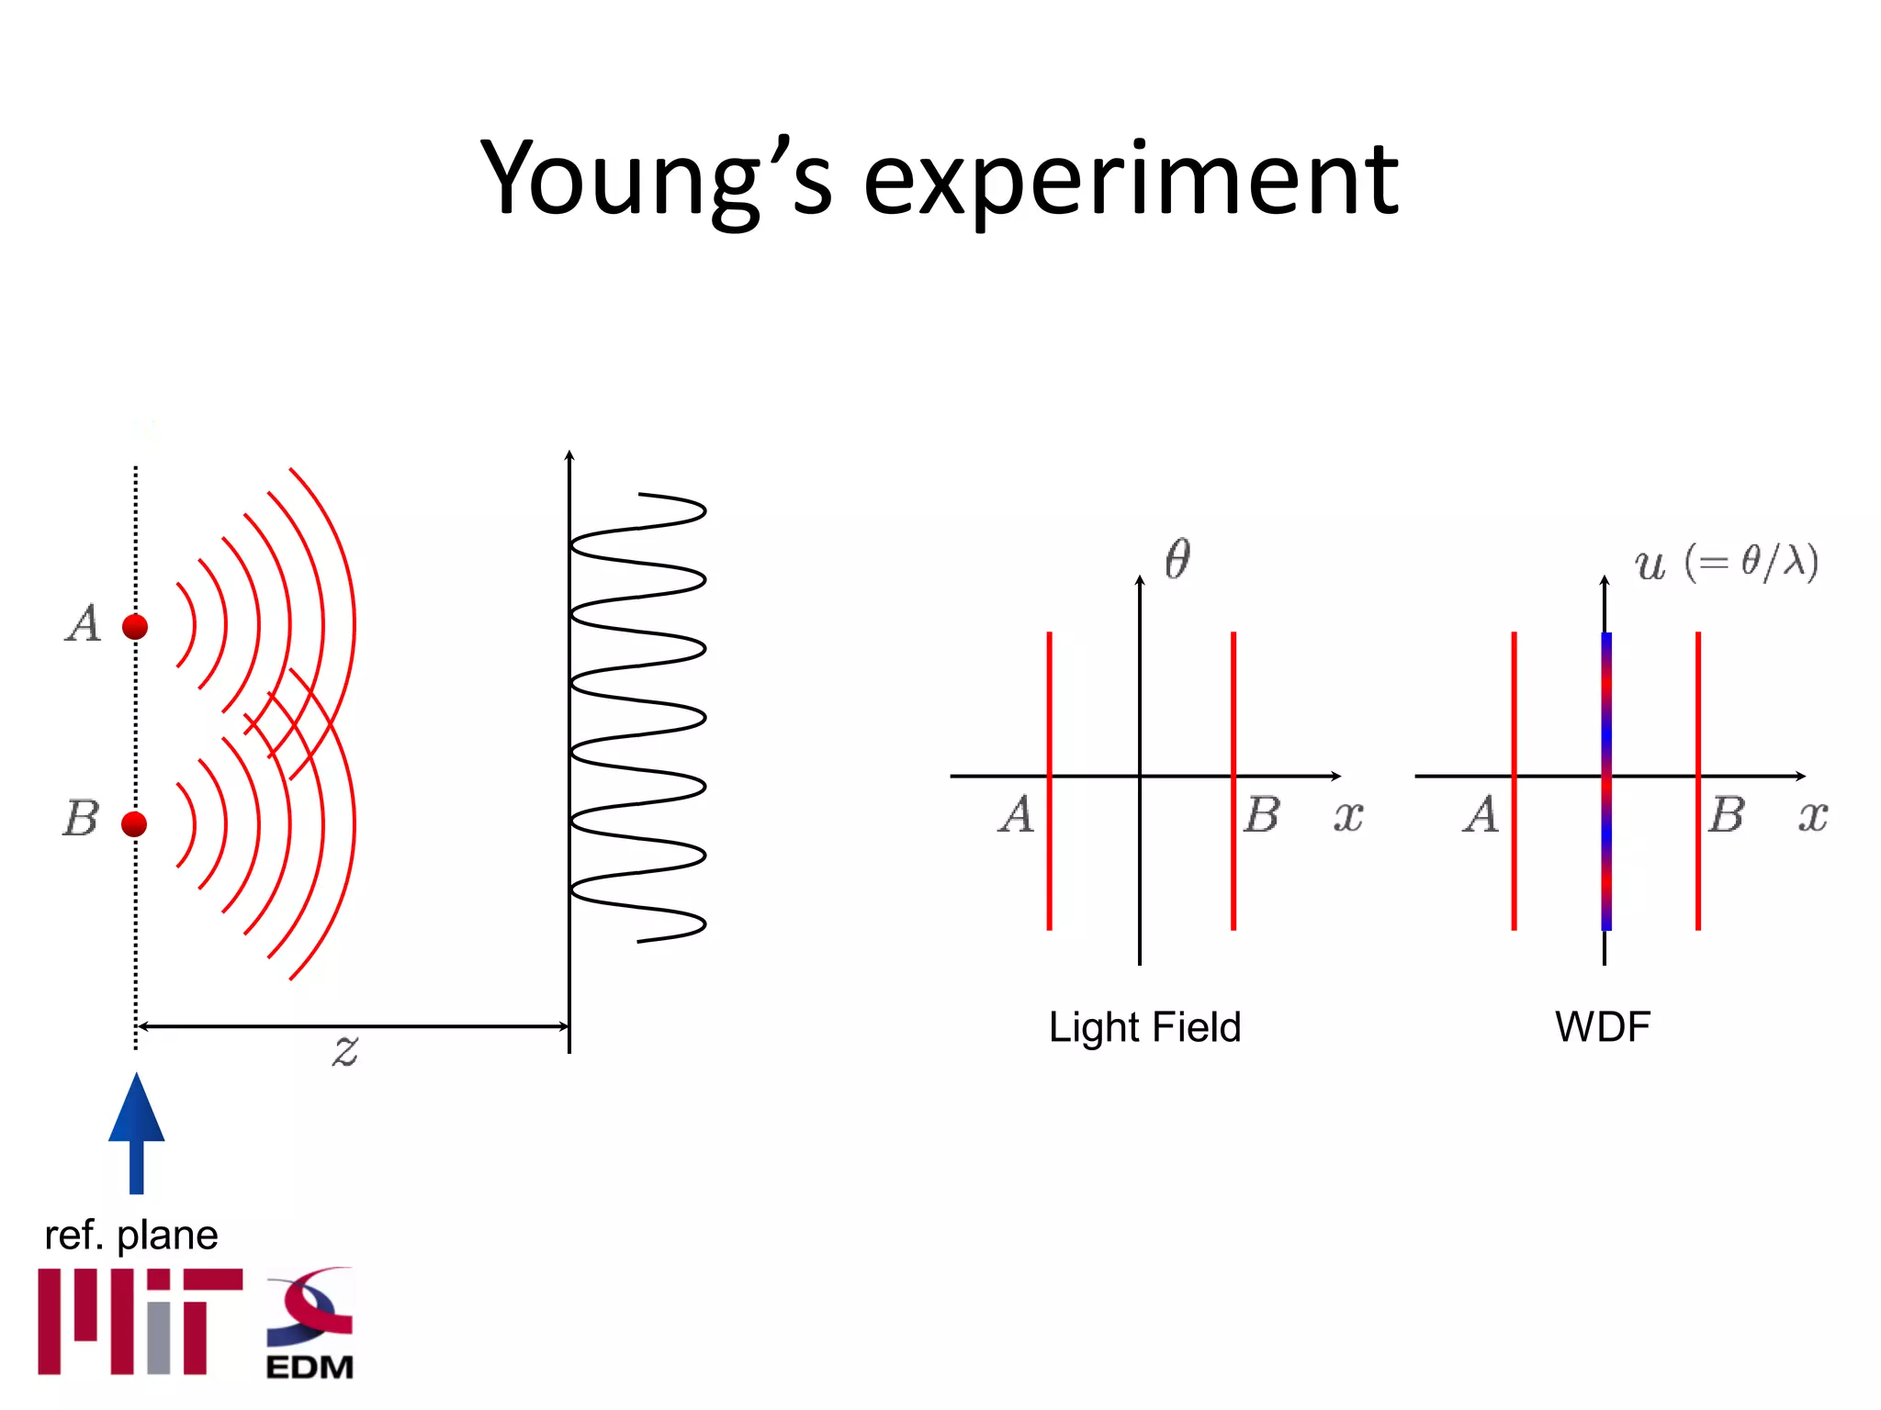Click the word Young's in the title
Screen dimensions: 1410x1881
pyautogui.click(x=656, y=179)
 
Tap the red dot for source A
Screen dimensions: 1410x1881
pyautogui.click(x=135, y=627)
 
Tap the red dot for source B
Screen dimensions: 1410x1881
pyautogui.click(x=134, y=823)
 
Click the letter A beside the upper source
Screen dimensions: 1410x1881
pyautogui.click(x=84, y=624)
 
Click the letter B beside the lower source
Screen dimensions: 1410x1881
pyautogui.click(x=81, y=818)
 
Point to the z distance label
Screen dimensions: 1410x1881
pyautogui.click(x=345, y=1049)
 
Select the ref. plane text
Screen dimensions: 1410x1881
pyautogui.click(x=130, y=1235)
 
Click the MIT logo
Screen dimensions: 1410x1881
pyautogui.click(x=140, y=1322)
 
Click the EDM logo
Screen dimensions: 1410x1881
pyautogui.click(x=310, y=1324)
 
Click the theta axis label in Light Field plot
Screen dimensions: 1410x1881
pyautogui.click(x=1177, y=558)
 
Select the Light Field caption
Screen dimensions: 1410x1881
pyautogui.click(x=1144, y=1026)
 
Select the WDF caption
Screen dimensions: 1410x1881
pyautogui.click(x=1603, y=1026)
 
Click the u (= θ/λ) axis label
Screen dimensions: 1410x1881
pyautogui.click(x=1725, y=562)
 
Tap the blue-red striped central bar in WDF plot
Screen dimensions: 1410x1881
pyautogui.click(x=1606, y=780)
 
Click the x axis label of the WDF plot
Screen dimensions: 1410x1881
pyautogui.click(x=1813, y=815)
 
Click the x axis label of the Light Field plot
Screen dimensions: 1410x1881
pyautogui.click(x=1348, y=815)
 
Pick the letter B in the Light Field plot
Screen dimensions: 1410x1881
pyautogui.click(x=1262, y=814)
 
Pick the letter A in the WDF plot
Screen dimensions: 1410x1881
pyautogui.click(x=1481, y=814)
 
